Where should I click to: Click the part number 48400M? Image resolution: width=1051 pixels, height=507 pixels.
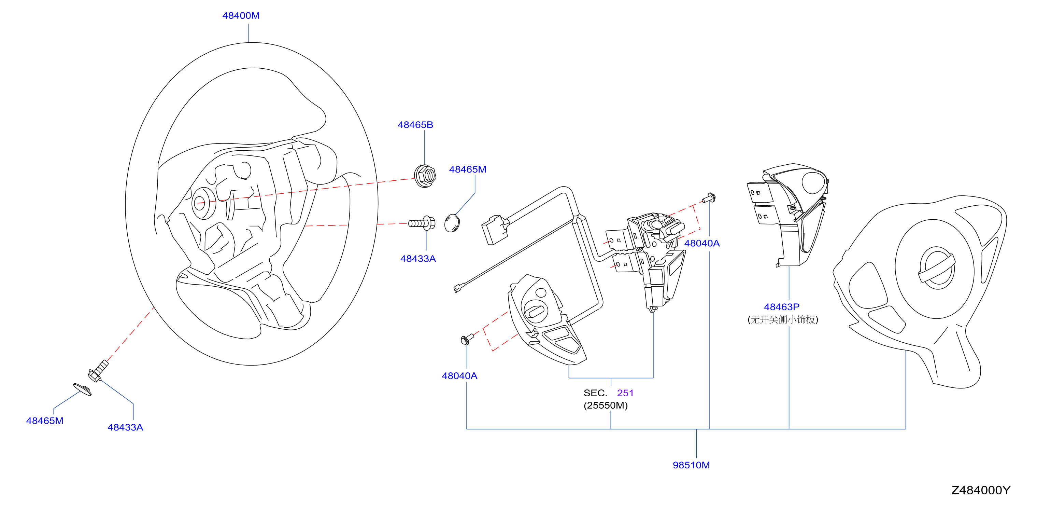(241, 15)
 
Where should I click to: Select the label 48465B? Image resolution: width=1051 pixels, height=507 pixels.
(415, 125)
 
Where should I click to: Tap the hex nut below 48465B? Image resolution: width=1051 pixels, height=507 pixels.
(425, 176)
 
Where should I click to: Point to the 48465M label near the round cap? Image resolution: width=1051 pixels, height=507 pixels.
(468, 169)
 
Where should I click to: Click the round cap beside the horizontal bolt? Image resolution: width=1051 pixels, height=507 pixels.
(452, 223)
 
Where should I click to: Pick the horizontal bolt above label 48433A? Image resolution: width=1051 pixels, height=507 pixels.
(422, 223)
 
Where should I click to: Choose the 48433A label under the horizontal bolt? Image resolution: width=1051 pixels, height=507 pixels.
(418, 259)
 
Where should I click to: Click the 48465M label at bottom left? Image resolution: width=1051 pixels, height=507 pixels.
(45, 421)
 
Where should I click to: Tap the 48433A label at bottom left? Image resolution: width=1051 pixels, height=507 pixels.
(125, 427)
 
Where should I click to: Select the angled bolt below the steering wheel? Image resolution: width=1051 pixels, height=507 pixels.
(98, 371)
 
